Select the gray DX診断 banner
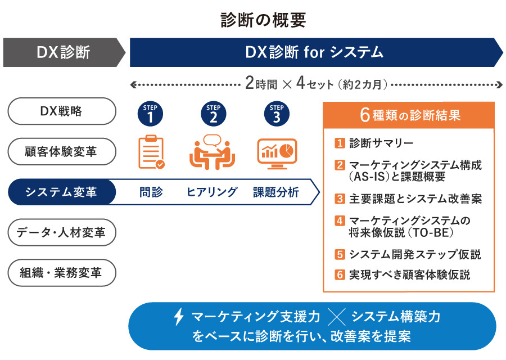pyautogui.click(x=63, y=52)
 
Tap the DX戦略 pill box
pyautogui.click(x=61, y=111)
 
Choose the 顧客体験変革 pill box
pyautogui.click(x=61, y=152)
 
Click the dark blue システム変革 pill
pyautogui.click(x=61, y=192)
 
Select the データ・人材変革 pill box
pyautogui.click(x=61, y=232)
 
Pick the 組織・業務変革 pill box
pyautogui.click(x=61, y=273)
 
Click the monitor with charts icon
pyautogui.click(x=277, y=151)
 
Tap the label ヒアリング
pyautogui.click(x=212, y=192)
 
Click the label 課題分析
pyautogui.click(x=275, y=192)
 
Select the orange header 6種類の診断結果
pyautogui.click(x=409, y=115)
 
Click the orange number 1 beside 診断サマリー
pyautogui.click(x=339, y=143)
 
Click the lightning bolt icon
pyautogui.click(x=178, y=317)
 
